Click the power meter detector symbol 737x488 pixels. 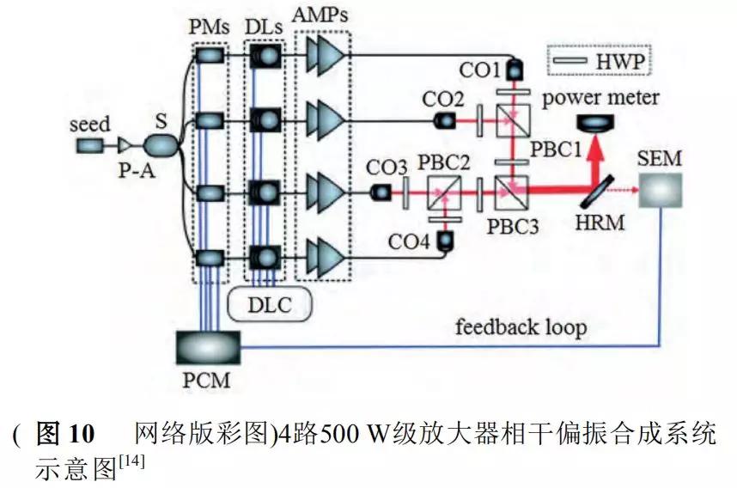pos(601,122)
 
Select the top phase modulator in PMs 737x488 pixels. pos(208,57)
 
